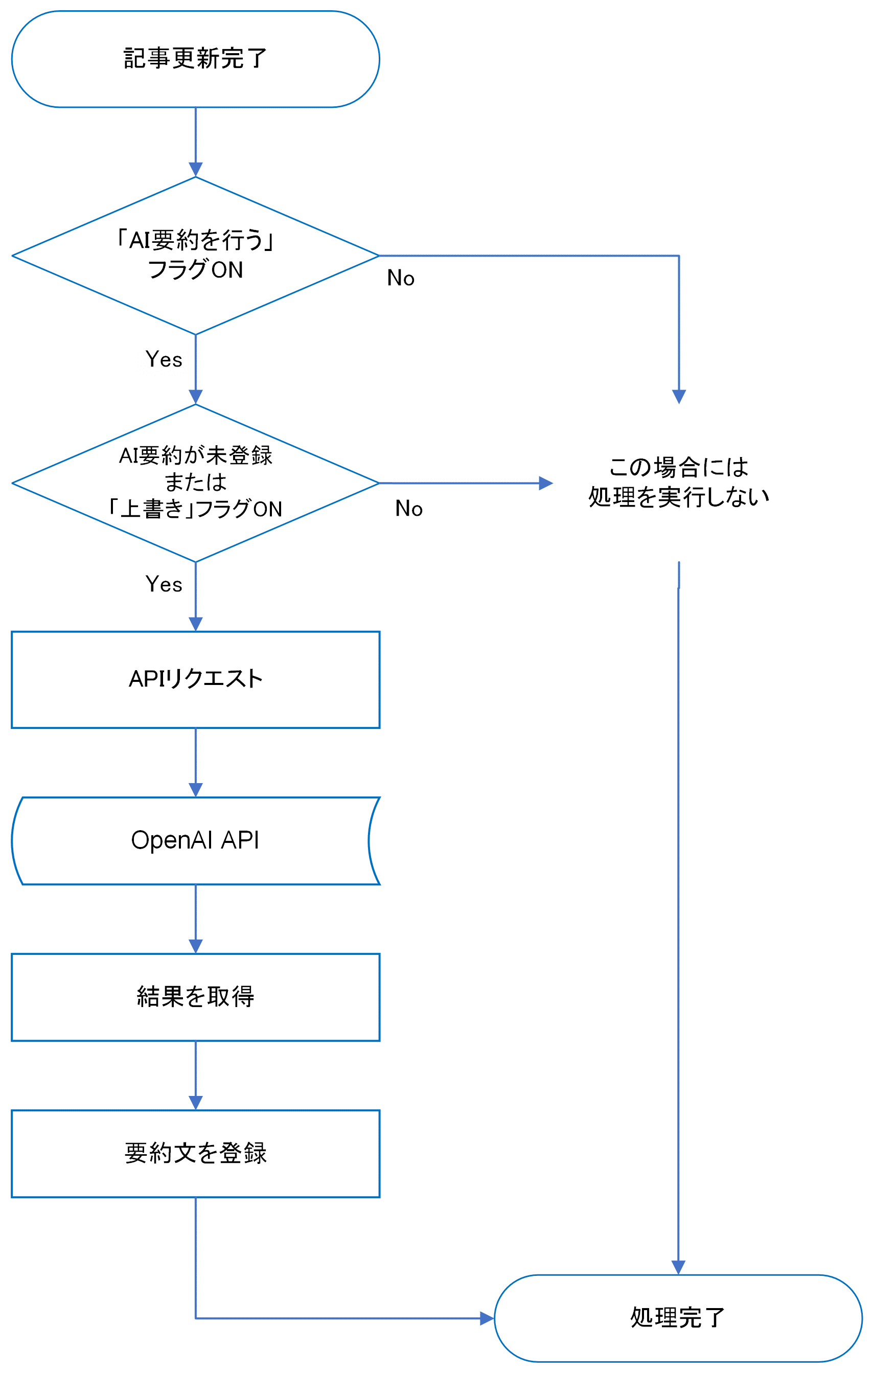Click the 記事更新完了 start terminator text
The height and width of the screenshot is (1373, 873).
tap(195, 59)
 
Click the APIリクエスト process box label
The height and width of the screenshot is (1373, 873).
tap(195, 678)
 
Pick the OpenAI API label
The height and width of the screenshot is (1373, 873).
tap(195, 840)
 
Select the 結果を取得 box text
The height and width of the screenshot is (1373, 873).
tap(195, 997)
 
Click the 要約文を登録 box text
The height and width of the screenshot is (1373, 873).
tap(195, 1153)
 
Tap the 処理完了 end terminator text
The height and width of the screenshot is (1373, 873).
tap(677, 1318)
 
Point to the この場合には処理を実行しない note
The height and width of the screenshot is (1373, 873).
tap(679, 482)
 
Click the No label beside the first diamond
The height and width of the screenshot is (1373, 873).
tap(400, 278)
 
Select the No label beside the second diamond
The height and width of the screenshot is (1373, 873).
tap(408, 509)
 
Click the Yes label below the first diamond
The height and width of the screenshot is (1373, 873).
tap(164, 360)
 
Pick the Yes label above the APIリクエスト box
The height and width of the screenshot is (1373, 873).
tap(164, 584)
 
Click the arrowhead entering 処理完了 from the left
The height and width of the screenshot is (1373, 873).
tap(487, 1318)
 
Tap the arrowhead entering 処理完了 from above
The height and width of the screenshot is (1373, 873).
tap(678, 1268)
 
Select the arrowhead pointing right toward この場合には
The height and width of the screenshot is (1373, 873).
tap(546, 483)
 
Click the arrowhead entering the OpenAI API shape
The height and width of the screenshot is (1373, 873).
tap(196, 790)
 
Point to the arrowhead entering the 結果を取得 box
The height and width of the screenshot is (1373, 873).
tap(196, 947)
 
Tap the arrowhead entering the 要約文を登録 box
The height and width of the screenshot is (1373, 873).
tap(196, 1103)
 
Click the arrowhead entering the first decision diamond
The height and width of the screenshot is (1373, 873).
tap(196, 169)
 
